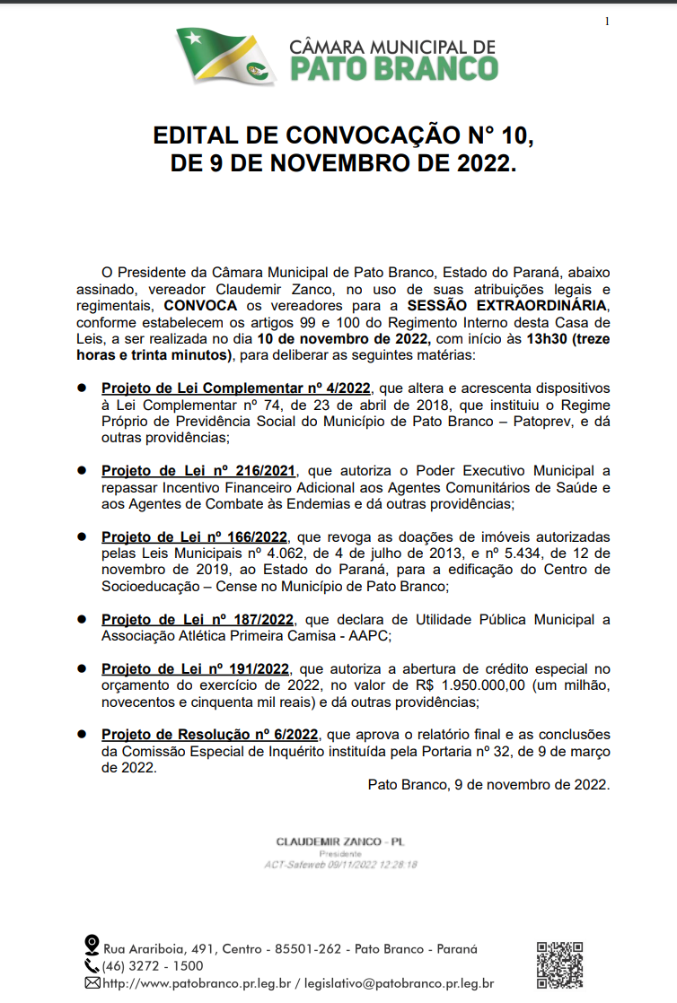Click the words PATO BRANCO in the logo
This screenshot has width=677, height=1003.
tap(393, 69)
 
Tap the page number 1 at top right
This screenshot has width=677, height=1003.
tap(607, 22)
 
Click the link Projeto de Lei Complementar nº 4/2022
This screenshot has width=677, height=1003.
tap(236, 388)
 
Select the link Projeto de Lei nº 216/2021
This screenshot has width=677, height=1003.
tap(199, 470)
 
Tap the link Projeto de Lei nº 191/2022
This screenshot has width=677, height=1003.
tap(196, 668)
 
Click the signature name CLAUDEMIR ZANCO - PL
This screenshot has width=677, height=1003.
tap(340, 842)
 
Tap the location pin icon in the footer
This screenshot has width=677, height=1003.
tap(91, 946)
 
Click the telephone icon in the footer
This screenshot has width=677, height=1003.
tap(92, 966)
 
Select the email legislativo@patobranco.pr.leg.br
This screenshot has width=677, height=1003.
tap(399, 983)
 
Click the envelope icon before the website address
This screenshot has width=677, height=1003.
tap(92, 983)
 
